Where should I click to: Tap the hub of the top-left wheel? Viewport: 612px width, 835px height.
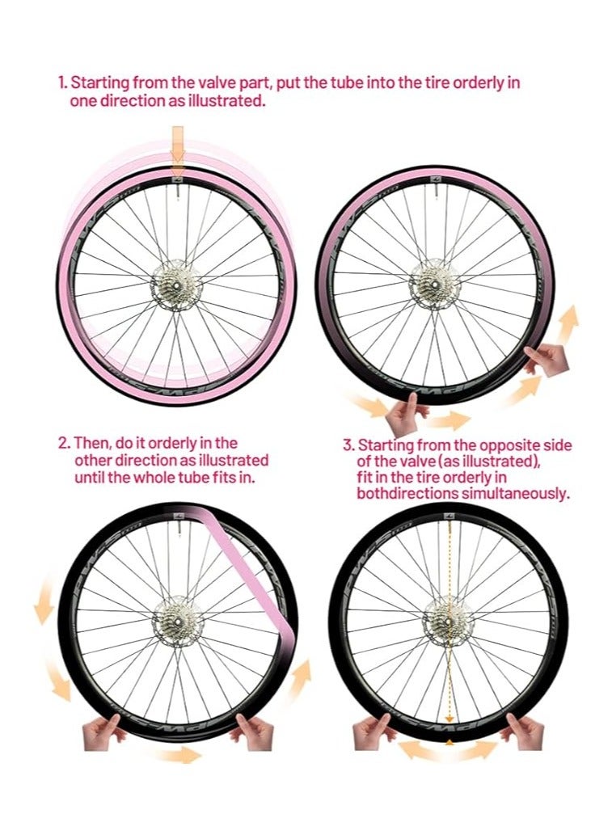175,283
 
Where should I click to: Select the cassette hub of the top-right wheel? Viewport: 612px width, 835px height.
433,284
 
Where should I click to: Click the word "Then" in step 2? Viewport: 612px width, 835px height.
91,443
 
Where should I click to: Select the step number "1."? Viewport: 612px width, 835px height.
63,83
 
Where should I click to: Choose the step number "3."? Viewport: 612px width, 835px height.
349,445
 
